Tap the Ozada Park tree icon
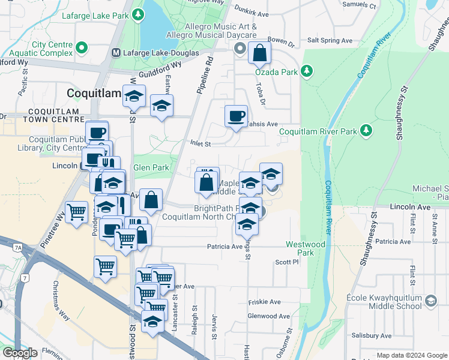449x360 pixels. (307, 72)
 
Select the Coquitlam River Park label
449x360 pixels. (318, 131)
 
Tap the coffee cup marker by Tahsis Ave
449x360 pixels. (236, 115)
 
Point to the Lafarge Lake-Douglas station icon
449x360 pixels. (116, 53)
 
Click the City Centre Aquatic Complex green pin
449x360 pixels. (82, 45)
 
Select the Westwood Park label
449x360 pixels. (306, 248)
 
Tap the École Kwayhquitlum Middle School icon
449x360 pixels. (430, 301)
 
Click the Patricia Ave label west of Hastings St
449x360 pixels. (224, 247)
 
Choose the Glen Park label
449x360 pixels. (151, 168)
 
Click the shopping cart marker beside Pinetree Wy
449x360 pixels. (77, 212)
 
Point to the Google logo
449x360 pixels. (20, 352)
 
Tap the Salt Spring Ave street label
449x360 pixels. (330, 41)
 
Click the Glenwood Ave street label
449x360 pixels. (268, 316)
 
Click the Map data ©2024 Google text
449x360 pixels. (411, 355)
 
